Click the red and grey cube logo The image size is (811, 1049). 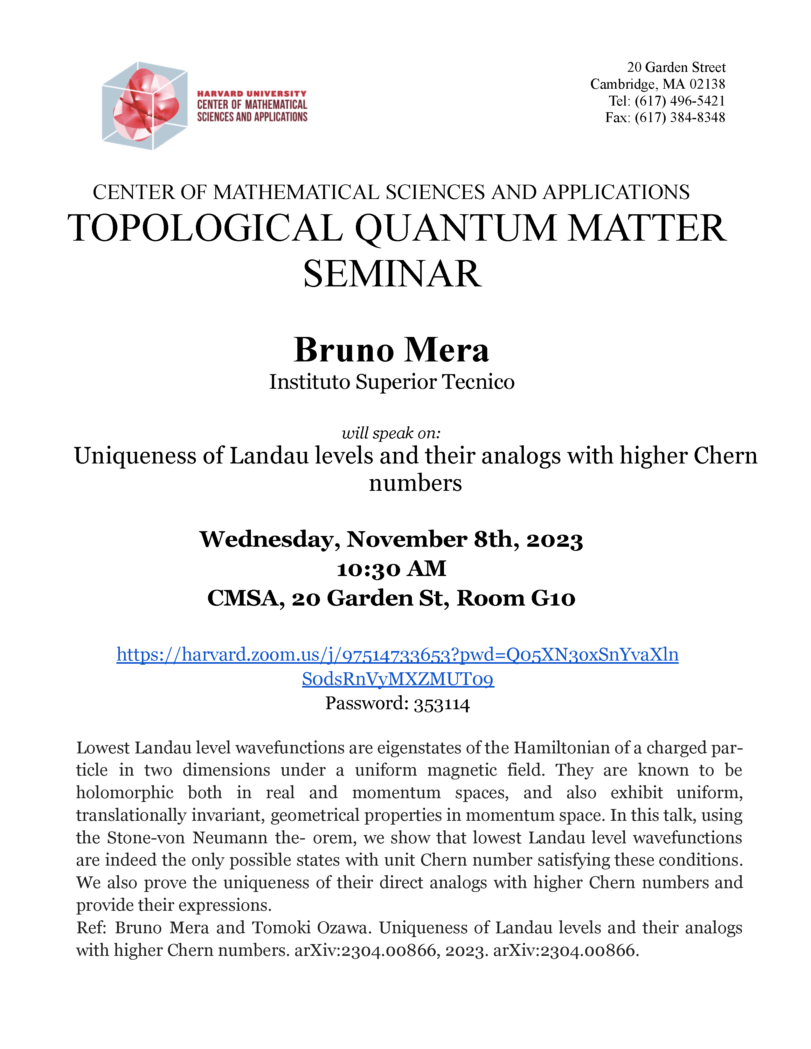coord(144,106)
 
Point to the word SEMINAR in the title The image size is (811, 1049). coord(392,274)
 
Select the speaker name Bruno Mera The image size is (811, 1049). coord(392,350)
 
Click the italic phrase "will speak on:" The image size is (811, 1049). coord(391,433)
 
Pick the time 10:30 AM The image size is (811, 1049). coord(392,569)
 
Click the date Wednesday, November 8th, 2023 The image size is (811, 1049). coord(392,539)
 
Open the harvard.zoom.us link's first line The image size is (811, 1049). coord(397,655)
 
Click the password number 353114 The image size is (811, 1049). coord(441,704)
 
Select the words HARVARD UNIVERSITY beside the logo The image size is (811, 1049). coord(252,94)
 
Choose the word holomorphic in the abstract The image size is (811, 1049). coord(125,792)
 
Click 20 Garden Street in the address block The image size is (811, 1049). coord(676,67)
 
